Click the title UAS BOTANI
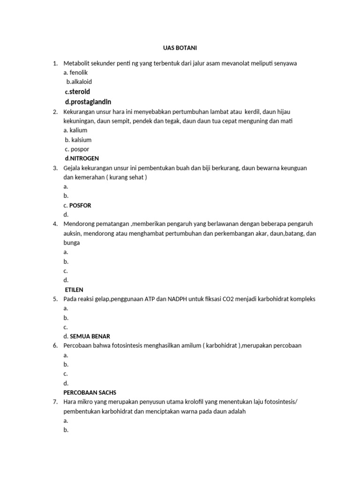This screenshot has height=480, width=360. [180, 48]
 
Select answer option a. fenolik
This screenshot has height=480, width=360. [75, 73]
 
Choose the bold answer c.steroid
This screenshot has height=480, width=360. [77, 91]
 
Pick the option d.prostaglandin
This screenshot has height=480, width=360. [88, 102]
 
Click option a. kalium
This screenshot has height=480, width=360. [75, 130]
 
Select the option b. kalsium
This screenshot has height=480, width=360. [78, 140]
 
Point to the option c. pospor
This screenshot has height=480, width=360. [77, 149]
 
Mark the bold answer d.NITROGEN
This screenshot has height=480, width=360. [82, 158]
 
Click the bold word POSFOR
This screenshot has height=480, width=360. [80, 205]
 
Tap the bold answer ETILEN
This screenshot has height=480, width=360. [74, 290]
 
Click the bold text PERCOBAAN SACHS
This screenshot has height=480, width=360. [90, 392]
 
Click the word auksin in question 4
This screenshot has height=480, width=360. [73, 233]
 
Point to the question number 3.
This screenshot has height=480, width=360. [55, 168]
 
